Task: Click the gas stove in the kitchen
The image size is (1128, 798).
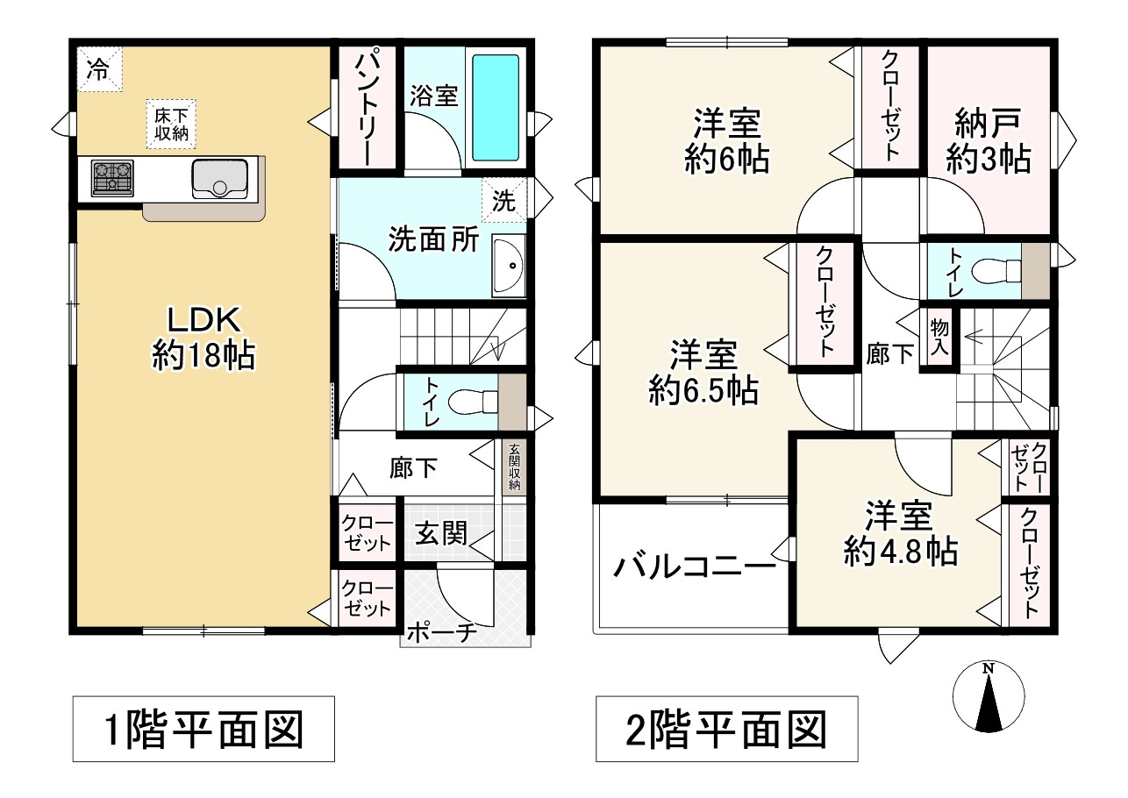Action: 111,178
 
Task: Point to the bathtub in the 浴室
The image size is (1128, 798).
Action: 496,107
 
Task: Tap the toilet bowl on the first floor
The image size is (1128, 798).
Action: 469,403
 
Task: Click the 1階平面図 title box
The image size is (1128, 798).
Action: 203,729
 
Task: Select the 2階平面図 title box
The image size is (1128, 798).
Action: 726,729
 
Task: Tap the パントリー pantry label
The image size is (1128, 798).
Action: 366,108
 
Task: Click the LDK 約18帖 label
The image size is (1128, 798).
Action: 203,337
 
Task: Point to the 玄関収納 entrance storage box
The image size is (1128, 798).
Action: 514,467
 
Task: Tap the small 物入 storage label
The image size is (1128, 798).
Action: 938,338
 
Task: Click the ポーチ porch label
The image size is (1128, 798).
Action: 442,632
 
